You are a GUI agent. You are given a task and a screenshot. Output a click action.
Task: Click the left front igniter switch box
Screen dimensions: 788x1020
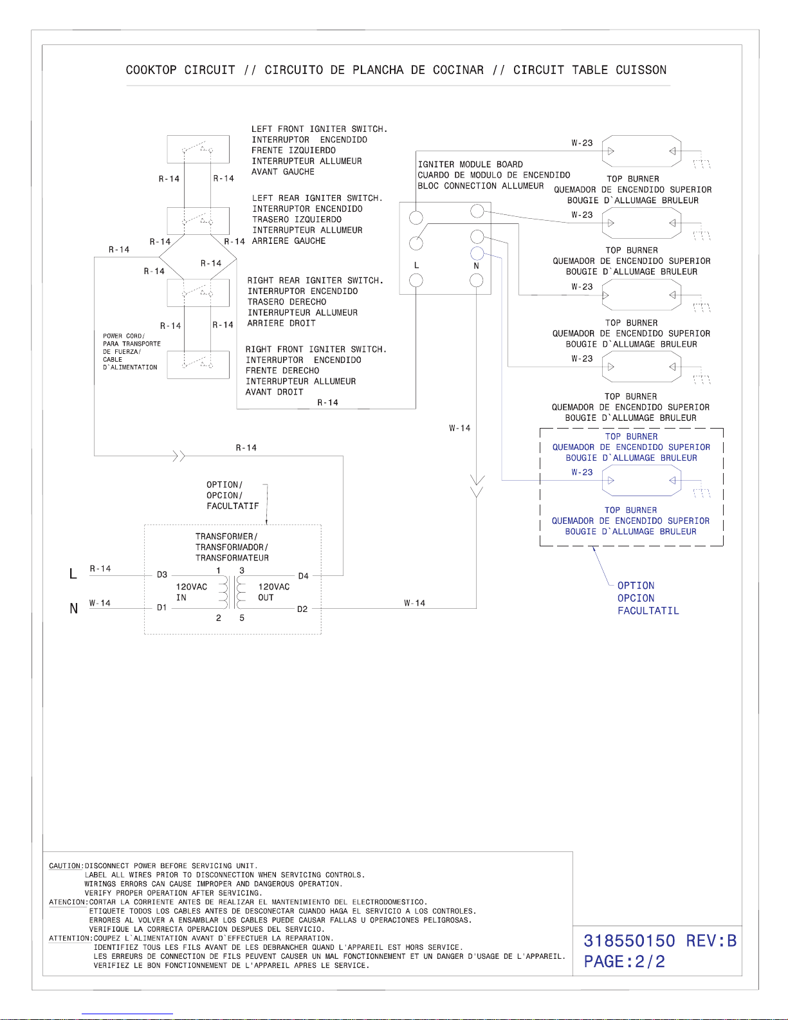(x=198, y=149)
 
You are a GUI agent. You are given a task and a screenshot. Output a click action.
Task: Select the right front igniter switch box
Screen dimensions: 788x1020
(x=198, y=364)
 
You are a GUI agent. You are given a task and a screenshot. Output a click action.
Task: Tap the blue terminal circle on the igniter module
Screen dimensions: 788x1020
(x=477, y=253)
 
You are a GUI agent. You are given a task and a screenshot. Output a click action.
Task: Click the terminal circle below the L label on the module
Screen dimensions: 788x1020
(x=416, y=280)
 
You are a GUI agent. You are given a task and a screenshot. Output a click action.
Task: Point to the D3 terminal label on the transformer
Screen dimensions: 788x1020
(x=162, y=575)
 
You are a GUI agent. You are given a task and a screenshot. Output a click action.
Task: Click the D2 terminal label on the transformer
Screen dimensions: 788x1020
(x=302, y=609)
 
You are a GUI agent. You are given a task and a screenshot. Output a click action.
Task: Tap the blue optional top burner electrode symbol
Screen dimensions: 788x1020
(x=641, y=480)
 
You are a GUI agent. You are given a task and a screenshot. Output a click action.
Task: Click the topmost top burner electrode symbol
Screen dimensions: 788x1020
(x=641, y=151)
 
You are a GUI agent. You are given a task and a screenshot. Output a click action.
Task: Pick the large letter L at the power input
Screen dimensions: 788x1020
(x=73, y=573)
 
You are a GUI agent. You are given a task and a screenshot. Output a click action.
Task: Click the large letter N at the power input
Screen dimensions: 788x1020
(x=73, y=608)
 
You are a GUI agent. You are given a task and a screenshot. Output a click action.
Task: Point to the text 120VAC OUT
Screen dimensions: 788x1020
(x=274, y=592)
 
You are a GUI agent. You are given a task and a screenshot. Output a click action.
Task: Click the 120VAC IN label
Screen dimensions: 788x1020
(x=192, y=592)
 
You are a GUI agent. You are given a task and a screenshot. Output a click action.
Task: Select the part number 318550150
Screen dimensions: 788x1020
(x=629, y=940)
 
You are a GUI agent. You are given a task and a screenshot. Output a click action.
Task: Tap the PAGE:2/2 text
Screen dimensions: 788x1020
(x=625, y=961)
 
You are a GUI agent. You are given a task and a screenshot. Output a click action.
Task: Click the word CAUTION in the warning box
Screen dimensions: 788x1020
(x=66, y=866)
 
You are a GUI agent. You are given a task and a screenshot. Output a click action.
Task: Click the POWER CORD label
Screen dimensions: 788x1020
(x=124, y=336)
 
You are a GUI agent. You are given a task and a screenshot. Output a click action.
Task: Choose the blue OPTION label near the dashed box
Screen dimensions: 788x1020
(x=636, y=586)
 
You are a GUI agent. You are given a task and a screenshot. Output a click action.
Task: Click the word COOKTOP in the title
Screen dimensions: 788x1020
(x=151, y=70)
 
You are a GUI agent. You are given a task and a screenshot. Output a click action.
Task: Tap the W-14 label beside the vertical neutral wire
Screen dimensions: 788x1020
(x=460, y=428)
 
